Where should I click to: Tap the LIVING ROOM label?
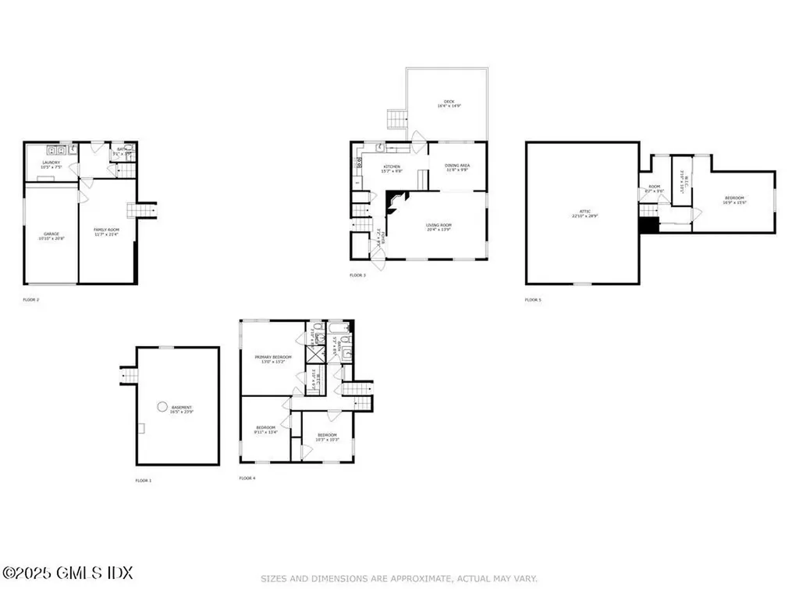click(x=439, y=227)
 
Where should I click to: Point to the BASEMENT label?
click(x=181, y=409)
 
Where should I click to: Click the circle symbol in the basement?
click(x=162, y=406)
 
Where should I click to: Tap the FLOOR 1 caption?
click(x=143, y=480)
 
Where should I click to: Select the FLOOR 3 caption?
click(x=357, y=275)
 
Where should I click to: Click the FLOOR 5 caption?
click(x=532, y=300)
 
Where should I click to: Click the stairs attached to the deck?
click(x=397, y=120)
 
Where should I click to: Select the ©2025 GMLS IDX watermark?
click(x=67, y=573)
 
